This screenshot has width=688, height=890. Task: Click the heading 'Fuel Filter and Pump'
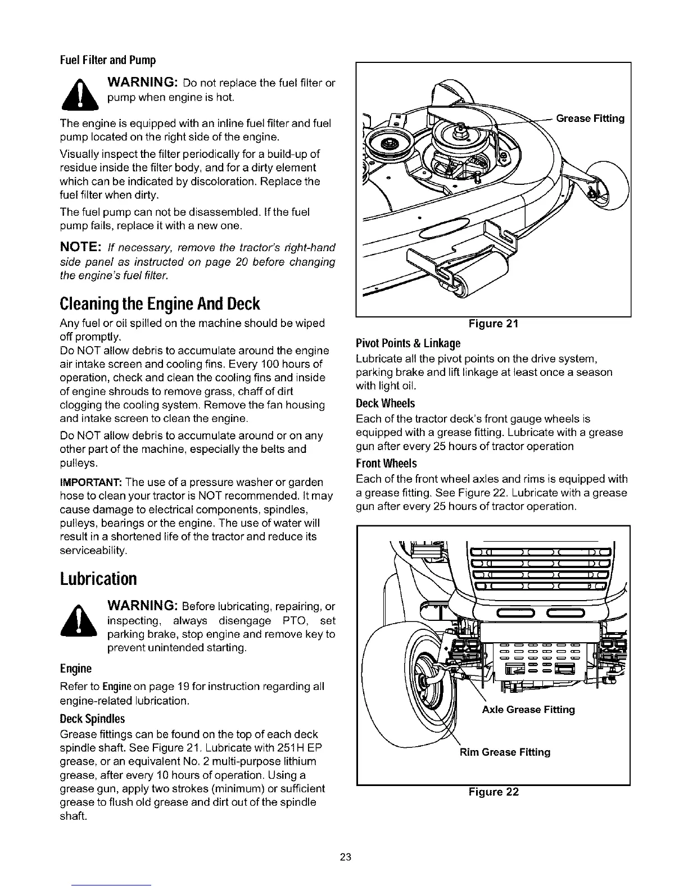(x=107, y=60)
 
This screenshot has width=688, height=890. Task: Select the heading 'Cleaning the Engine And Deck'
(x=160, y=304)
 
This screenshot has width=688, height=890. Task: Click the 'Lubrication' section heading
(x=98, y=579)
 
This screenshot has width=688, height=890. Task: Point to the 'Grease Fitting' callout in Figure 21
(x=590, y=119)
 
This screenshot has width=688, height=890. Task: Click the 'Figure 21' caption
(x=494, y=324)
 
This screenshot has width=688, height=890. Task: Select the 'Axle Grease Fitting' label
(x=528, y=710)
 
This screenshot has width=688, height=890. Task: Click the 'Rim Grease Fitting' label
(x=505, y=752)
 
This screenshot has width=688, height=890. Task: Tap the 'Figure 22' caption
(x=494, y=792)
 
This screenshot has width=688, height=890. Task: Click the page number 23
(x=345, y=857)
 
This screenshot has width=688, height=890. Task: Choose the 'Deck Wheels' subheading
(x=386, y=404)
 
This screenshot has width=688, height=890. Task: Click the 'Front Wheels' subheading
(x=387, y=464)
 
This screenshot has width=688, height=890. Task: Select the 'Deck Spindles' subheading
(x=92, y=719)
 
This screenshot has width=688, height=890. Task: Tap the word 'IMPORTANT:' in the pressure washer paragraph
(x=90, y=483)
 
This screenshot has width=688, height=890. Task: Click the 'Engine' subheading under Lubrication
(x=75, y=669)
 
